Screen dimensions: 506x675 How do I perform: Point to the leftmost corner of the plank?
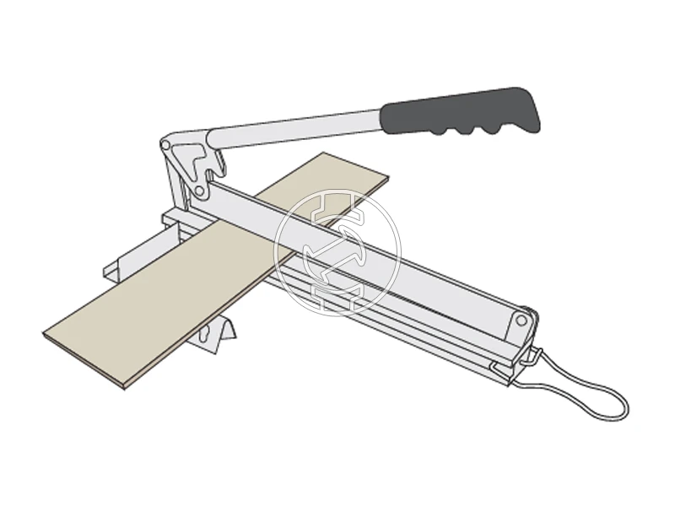pos(45,335)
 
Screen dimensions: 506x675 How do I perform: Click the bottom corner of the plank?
pos(124,386)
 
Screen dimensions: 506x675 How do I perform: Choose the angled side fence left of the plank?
pos(127,261)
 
